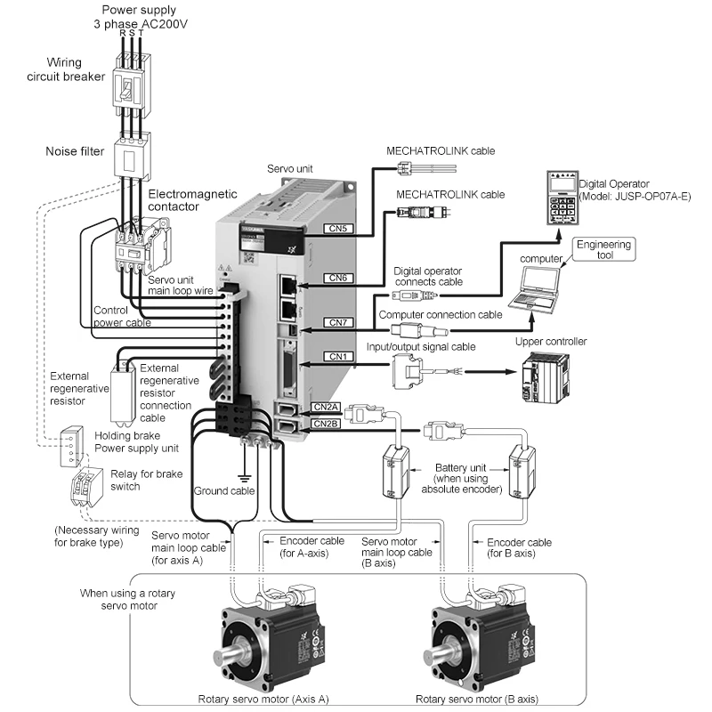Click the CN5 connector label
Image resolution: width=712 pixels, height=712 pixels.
tap(337, 228)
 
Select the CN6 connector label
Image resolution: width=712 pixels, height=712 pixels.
tap(337, 278)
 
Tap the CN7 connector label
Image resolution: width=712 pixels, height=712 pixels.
tap(337, 322)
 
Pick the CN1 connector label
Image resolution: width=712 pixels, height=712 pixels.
tap(337, 357)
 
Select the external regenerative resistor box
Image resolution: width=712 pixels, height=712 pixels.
tap(122, 395)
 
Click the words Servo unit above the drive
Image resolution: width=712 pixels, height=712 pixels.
tap(289, 169)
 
